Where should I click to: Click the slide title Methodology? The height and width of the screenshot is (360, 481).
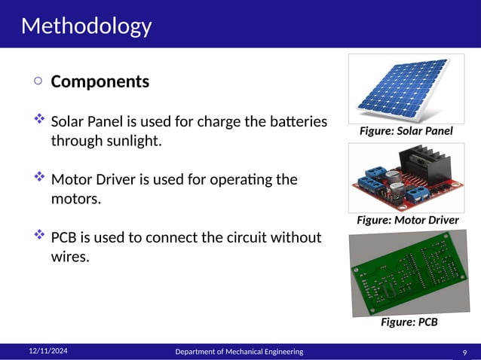86,26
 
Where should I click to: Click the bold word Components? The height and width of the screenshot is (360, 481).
100,81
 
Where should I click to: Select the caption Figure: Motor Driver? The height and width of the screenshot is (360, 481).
407,220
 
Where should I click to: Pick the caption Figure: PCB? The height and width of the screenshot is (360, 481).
409,322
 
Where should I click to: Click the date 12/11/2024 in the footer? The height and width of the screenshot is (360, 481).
48,351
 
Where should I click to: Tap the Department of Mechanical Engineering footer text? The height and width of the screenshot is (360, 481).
239,352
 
